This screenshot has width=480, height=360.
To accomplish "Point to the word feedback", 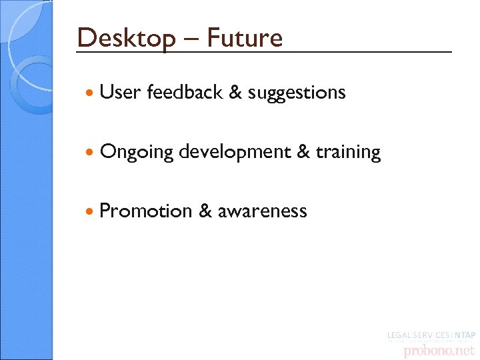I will (184, 92).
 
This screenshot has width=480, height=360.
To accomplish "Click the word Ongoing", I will (136, 153).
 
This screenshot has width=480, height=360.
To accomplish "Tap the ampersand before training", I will (303, 152).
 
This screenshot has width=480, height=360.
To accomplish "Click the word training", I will (348, 153).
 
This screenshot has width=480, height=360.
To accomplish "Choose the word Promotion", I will (145, 211).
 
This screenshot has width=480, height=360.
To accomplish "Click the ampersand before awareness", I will (205, 211).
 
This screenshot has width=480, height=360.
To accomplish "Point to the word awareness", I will (262, 211).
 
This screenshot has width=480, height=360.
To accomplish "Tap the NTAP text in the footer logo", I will (464, 333).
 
